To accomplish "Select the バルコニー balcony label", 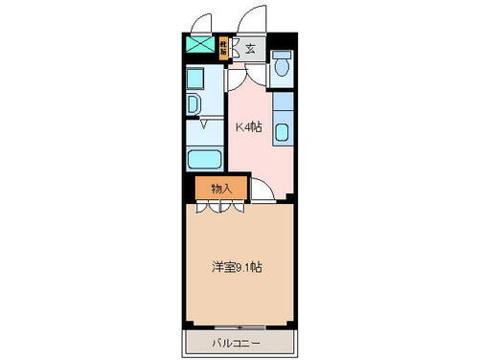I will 236,342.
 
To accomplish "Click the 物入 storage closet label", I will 220,188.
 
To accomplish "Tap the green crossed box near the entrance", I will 200,44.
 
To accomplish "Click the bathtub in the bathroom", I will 203,160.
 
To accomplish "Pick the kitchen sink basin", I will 285,131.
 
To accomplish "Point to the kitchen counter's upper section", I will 285,102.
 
